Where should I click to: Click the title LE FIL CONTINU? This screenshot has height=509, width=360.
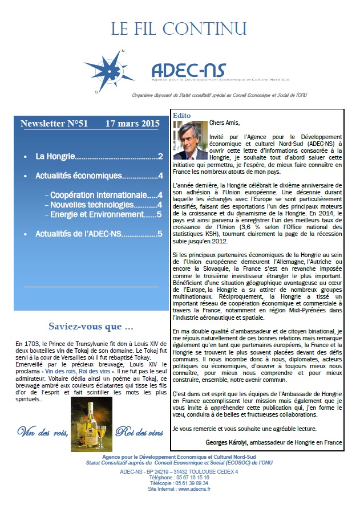pyautogui.click(x=179, y=28)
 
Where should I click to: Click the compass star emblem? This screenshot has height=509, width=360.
pyautogui.click(x=114, y=70)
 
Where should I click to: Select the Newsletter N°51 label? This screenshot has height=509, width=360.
pyautogui.click(x=55, y=123)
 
